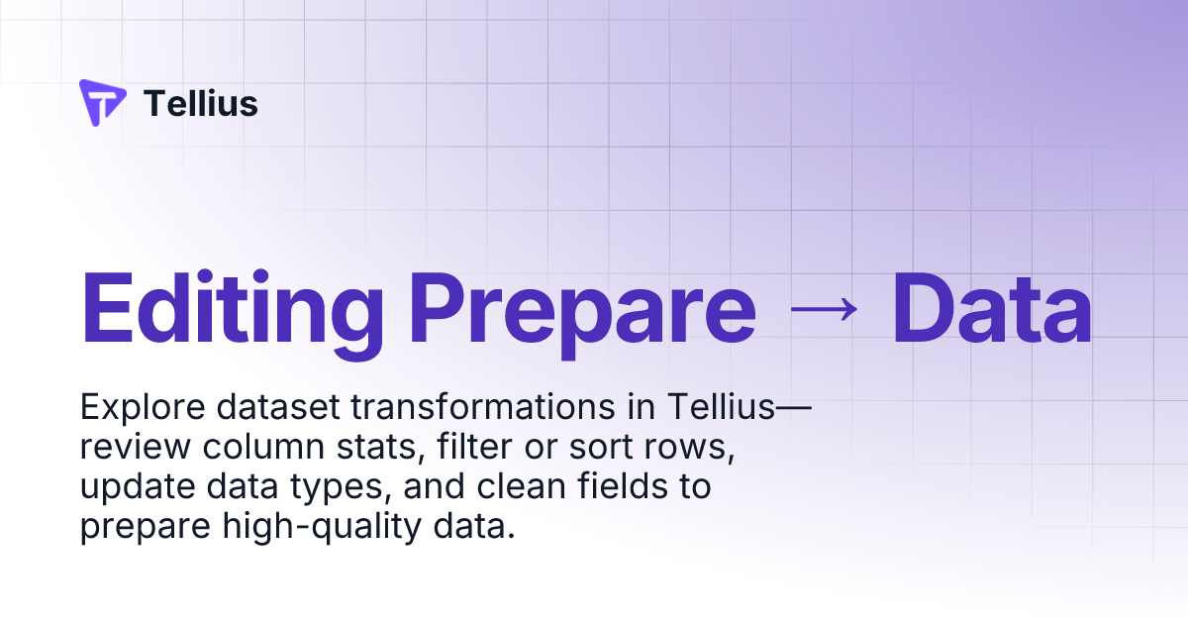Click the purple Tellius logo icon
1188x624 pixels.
102,103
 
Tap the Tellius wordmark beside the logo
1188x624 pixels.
201,103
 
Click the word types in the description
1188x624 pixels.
337,487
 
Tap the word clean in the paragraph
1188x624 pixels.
503,487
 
